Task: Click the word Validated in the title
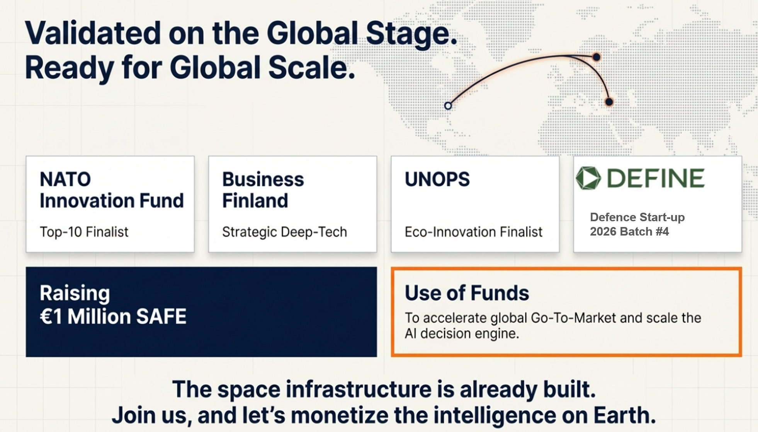[93, 33]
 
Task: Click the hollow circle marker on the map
[448, 106]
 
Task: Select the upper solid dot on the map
[597, 57]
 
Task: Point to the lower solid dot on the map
[609, 102]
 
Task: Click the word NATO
[65, 179]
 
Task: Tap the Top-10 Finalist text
[84, 232]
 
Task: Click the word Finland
[255, 201]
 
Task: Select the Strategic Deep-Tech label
[284, 232]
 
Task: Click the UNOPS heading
[437, 179]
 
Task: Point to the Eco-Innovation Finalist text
[473, 232]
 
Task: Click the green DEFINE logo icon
[588, 178]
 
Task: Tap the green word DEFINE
[656, 178]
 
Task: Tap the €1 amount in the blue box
[51, 317]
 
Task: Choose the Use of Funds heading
[467, 293]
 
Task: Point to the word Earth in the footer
[624, 415]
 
